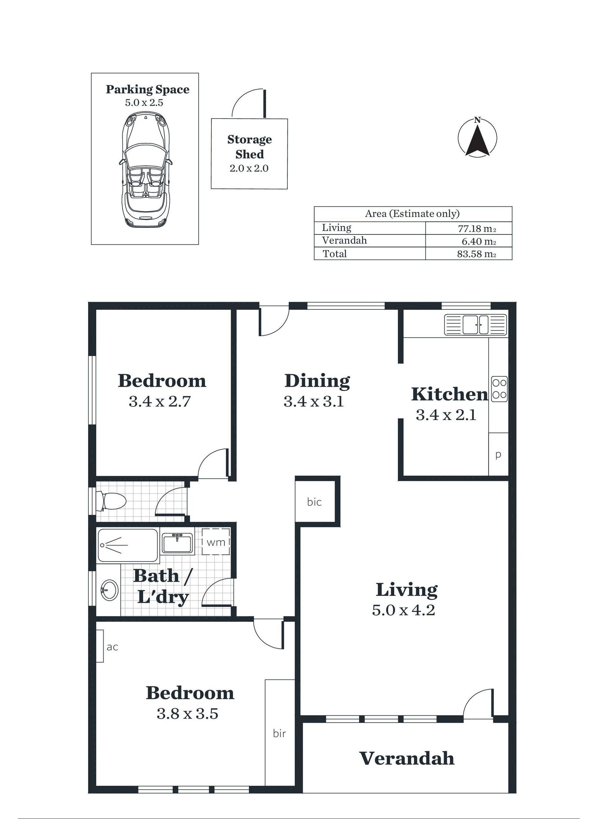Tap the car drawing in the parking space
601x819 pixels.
click(x=146, y=170)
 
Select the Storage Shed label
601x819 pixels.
click(x=250, y=147)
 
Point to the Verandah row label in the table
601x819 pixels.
click(x=344, y=240)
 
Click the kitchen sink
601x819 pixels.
click(x=475, y=325)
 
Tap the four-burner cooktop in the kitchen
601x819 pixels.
click(x=499, y=389)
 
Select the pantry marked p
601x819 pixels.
click(x=498, y=454)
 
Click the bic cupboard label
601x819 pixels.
click(x=314, y=502)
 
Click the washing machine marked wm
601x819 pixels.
click(x=216, y=541)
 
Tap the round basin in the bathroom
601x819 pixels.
click(x=109, y=590)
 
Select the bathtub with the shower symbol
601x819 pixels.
click(x=128, y=545)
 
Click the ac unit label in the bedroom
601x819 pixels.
click(x=112, y=647)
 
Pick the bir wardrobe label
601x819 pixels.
click(x=279, y=733)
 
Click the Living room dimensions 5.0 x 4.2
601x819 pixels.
click(x=403, y=610)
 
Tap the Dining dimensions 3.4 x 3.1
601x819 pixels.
click(x=314, y=402)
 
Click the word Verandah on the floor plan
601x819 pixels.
click(x=407, y=759)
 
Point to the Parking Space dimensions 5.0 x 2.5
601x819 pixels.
click(x=144, y=102)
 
